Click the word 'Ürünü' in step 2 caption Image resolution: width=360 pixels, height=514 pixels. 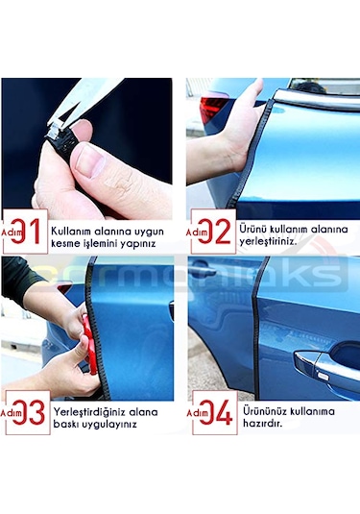coord(256,230)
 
